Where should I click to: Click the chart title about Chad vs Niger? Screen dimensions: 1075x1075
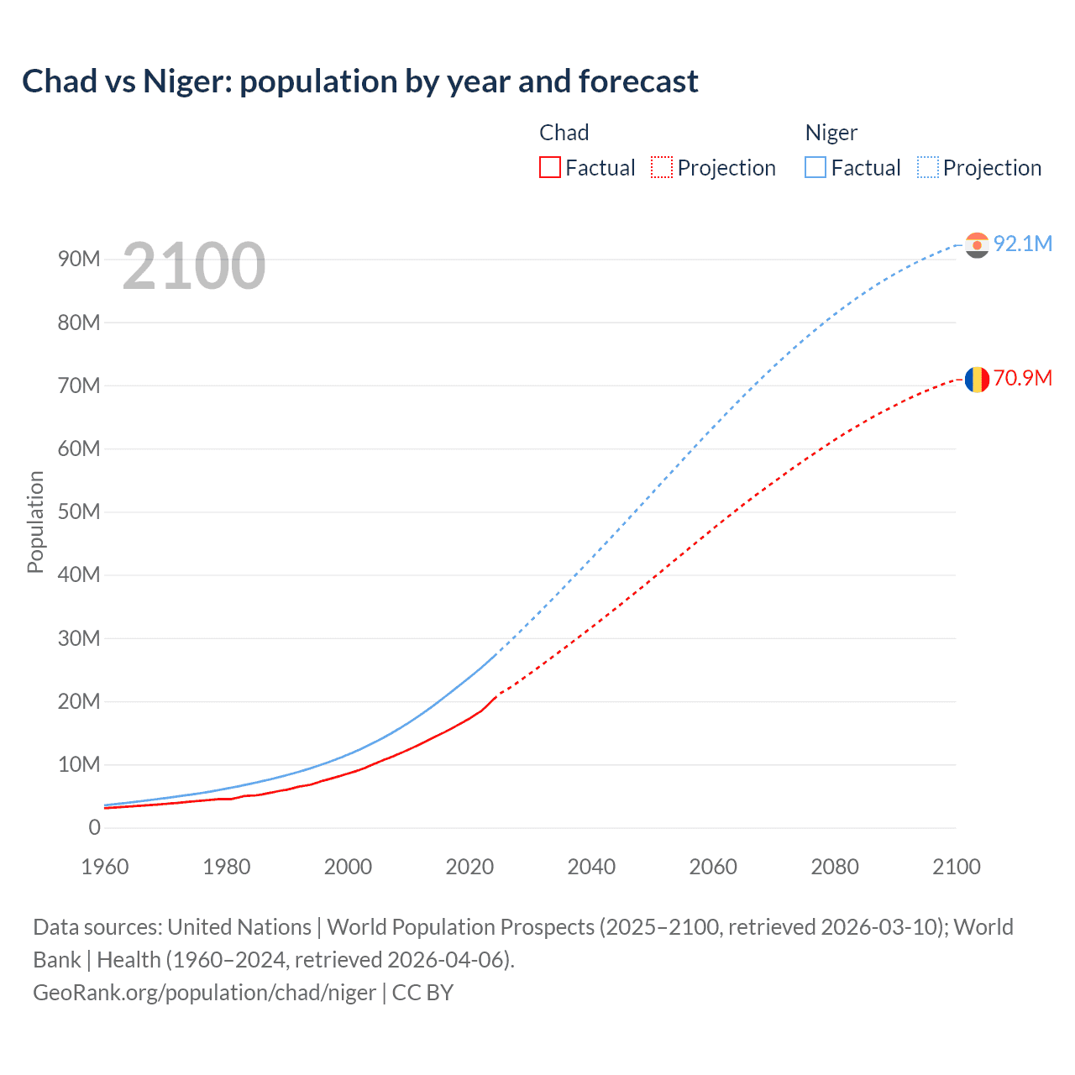[x=359, y=81]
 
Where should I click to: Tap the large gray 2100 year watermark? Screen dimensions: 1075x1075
[x=194, y=266]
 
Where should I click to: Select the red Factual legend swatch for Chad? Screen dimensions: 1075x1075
[x=549, y=167]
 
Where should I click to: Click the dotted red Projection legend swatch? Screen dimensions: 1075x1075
[x=662, y=167]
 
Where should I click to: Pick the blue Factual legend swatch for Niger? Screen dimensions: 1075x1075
[x=815, y=167]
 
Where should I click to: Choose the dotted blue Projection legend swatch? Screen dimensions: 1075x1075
[x=927, y=167]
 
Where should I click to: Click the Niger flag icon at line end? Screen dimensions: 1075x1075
[x=977, y=244]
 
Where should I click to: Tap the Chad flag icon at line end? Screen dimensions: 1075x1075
[x=977, y=380]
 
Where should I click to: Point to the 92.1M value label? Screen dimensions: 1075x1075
[x=1022, y=244]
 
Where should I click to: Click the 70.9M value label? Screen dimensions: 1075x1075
[x=1022, y=378]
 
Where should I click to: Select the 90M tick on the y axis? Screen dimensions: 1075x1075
[x=79, y=259]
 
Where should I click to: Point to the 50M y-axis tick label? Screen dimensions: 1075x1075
[x=79, y=511]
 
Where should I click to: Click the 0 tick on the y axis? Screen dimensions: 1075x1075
[x=94, y=827]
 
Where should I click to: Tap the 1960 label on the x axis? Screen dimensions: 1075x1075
[x=105, y=867]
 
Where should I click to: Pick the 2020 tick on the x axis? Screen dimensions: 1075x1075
[x=469, y=867]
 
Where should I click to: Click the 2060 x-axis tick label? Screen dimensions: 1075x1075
[x=713, y=867]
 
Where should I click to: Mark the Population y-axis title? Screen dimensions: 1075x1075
[x=35, y=522]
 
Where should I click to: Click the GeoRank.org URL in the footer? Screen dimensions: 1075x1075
[x=204, y=993]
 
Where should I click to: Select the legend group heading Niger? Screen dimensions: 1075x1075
[x=831, y=133]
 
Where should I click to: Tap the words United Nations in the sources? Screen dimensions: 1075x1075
[x=239, y=927]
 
